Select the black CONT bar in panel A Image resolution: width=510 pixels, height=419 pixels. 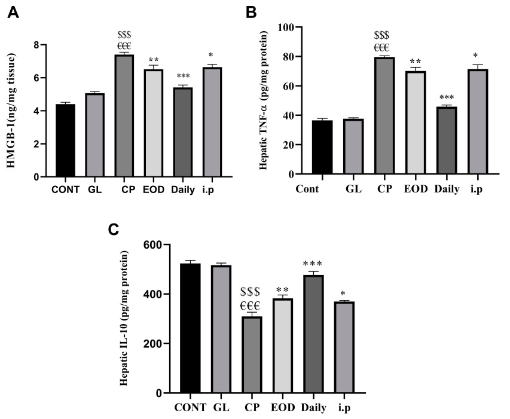pos(66,140)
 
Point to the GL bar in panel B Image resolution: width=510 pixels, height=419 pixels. pos(355,146)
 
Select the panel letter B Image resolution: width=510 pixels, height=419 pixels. pos(252,12)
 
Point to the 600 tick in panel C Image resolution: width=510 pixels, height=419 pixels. pos(152,245)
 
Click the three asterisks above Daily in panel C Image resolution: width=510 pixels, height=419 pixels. pos(312,264)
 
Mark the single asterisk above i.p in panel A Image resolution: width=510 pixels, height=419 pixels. pos(210,56)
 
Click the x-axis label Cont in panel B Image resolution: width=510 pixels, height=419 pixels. pos(307,190)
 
